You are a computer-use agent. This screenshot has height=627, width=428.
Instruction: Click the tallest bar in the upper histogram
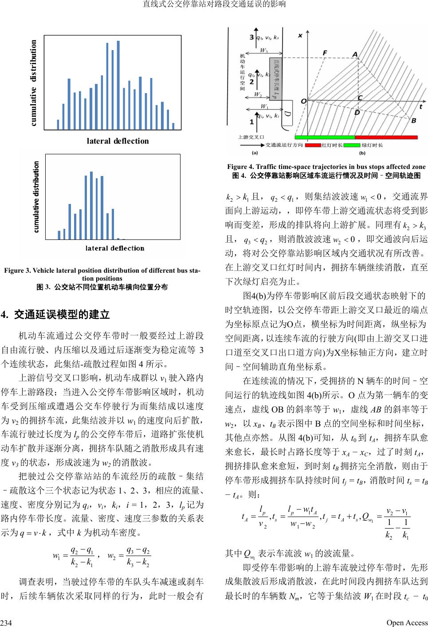click(118, 84)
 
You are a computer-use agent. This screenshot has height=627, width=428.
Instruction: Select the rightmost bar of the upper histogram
click(173, 126)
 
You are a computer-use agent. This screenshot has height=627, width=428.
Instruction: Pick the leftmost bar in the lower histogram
click(59, 235)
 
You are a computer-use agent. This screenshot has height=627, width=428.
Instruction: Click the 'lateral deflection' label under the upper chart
click(118, 141)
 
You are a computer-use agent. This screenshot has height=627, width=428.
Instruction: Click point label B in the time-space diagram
click(413, 121)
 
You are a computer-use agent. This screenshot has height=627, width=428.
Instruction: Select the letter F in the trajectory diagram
click(325, 53)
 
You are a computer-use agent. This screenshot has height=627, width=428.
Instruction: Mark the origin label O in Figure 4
click(304, 101)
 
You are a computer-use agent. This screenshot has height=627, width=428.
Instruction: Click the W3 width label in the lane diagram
click(263, 50)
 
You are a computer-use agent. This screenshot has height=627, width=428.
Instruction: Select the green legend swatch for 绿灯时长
click(352, 145)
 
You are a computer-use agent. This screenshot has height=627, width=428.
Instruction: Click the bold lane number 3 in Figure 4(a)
click(252, 37)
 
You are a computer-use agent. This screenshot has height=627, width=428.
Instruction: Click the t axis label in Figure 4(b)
click(420, 107)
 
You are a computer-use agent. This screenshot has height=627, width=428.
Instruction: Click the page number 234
click(6, 623)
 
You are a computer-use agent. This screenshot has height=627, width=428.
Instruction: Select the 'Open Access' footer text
click(407, 623)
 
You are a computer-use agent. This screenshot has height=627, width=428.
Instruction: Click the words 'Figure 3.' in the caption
click(17, 270)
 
